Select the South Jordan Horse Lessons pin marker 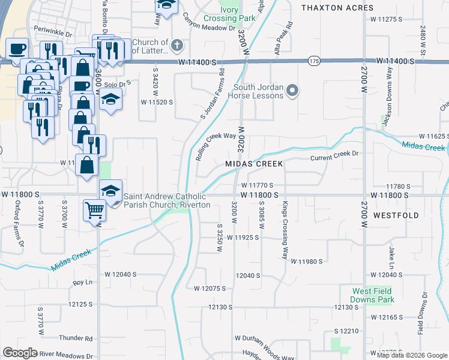point(292,91)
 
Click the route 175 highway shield point(313,61)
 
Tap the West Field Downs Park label point(373,295)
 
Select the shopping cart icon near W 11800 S point(95,211)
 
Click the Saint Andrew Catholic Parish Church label point(167,200)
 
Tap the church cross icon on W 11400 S point(176,45)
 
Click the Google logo point(20,353)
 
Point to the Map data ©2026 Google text point(411,355)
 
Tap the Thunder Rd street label point(80,338)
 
